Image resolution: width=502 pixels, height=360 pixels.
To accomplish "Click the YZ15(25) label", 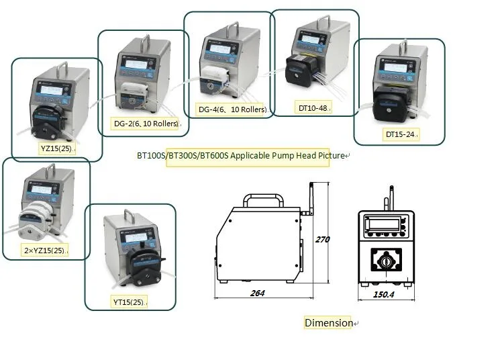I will [56, 148].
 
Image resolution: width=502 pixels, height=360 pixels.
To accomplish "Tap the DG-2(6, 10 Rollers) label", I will [146, 124].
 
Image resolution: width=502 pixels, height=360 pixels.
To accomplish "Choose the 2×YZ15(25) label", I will [46, 251].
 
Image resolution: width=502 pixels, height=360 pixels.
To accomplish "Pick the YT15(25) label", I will [130, 302].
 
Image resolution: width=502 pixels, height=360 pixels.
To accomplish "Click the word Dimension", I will [329, 323].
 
